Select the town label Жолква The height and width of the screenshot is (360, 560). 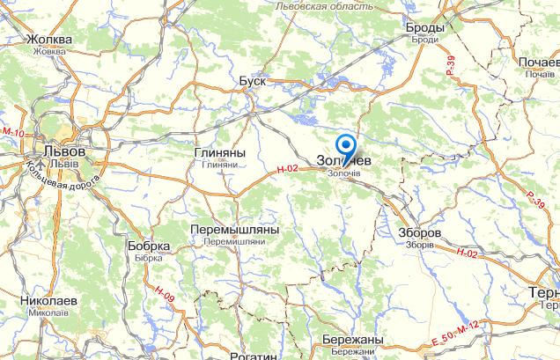coord(48,40)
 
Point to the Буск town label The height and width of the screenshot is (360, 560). coord(252,81)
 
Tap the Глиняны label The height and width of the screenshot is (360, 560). coord(217,152)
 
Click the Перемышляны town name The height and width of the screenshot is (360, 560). coord(234,228)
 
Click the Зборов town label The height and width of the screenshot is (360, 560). coord(420,232)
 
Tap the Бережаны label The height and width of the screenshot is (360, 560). coord(350,340)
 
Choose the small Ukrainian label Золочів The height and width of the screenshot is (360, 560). coord(344,173)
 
